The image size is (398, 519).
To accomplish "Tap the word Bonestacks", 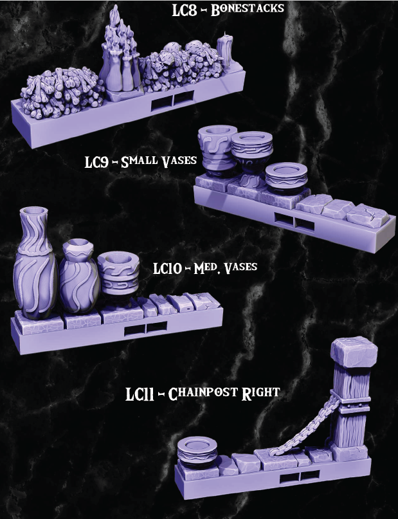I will point(248,11).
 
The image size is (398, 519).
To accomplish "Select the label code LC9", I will point(99,161).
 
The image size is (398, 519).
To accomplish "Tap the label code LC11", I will point(140,394).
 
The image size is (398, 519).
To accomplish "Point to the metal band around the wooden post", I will point(348,404).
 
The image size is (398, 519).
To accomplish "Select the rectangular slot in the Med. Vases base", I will point(145,330).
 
